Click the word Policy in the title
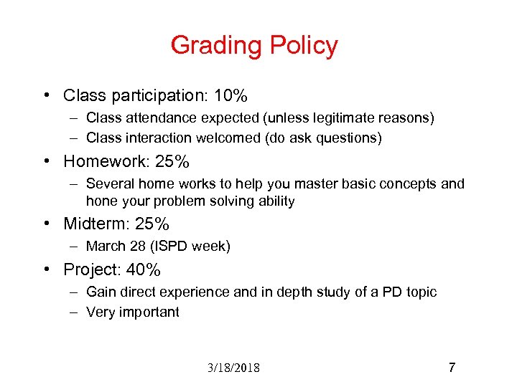click(x=304, y=46)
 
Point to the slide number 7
click(x=452, y=368)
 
